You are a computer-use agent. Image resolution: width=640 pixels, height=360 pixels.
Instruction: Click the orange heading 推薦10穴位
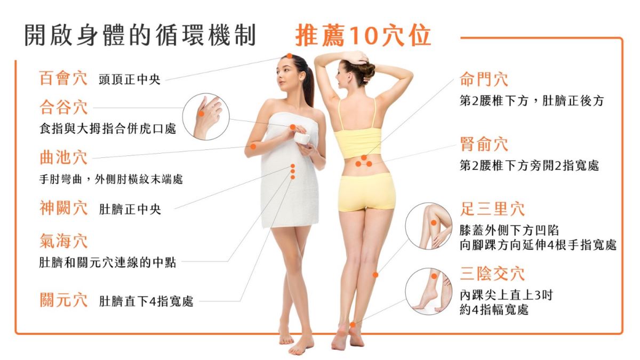pyautogui.click(x=363, y=36)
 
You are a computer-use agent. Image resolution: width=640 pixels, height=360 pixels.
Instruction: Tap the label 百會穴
pyautogui.click(x=63, y=78)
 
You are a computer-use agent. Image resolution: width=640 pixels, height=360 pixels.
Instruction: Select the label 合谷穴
pyautogui.click(x=63, y=107)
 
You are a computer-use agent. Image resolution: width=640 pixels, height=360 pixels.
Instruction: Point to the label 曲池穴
pyautogui.click(x=63, y=157)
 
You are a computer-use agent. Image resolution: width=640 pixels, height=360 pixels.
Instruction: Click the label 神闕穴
pyautogui.click(x=63, y=207)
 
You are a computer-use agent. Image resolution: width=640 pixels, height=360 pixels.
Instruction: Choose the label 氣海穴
pyautogui.click(x=63, y=241)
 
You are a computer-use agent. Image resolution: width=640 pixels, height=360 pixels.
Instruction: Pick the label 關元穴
pyautogui.click(x=63, y=300)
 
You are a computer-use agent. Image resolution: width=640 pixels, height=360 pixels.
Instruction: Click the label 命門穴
pyautogui.click(x=484, y=79)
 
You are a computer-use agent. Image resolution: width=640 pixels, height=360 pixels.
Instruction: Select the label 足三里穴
pyautogui.click(x=492, y=209)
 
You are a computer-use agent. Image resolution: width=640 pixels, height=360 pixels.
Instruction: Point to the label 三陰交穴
pyautogui.click(x=492, y=274)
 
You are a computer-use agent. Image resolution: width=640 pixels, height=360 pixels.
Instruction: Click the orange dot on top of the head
pyautogui.click(x=290, y=56)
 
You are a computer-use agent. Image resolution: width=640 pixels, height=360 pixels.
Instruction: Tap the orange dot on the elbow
pyautogui.click(x=253, y=147)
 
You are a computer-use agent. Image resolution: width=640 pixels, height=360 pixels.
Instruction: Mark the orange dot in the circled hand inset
pyautogui.click(x=201, y=114)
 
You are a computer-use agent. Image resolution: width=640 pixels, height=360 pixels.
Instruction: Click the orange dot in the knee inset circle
pyautogui.click(x=434, y=222)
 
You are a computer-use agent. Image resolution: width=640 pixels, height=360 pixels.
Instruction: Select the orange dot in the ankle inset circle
pyautogui.click(x=434, y=276)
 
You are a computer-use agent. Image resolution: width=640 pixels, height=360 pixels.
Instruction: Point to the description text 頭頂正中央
pyautogui.click(x=130, y=79)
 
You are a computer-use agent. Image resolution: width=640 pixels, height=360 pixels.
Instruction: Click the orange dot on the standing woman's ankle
pyautogui.click(x=353, y=325)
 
